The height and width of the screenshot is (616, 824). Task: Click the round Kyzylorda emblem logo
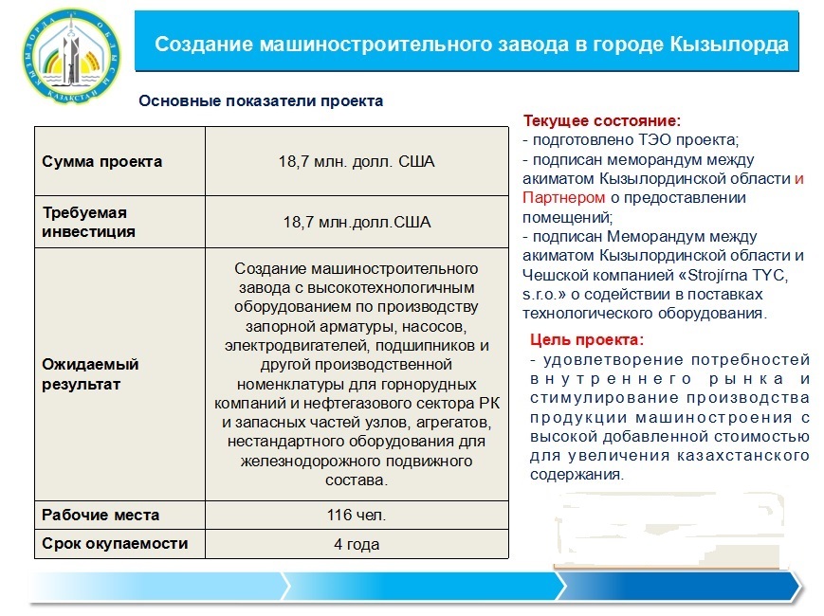point(70,57)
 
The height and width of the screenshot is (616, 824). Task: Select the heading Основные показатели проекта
point(261,100)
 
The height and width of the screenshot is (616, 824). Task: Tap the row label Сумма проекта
point(102,161)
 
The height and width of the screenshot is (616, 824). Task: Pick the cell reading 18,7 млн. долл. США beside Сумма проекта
point(357,161)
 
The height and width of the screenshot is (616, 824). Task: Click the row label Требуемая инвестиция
point(88,222)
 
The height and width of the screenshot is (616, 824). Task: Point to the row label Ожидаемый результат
point(90,374)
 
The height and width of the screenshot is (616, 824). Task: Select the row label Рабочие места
point(101,515)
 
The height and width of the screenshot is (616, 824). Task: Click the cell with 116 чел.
point(357,515)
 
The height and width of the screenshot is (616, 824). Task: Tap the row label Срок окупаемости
point(115,544)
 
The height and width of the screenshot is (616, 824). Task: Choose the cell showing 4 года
point(357,544)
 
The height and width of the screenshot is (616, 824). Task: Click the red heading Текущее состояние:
point(602,120)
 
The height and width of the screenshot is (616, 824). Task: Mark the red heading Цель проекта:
point(586,340)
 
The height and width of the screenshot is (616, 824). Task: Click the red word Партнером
point(564,197)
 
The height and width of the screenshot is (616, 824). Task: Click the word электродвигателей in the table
point(298,346)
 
